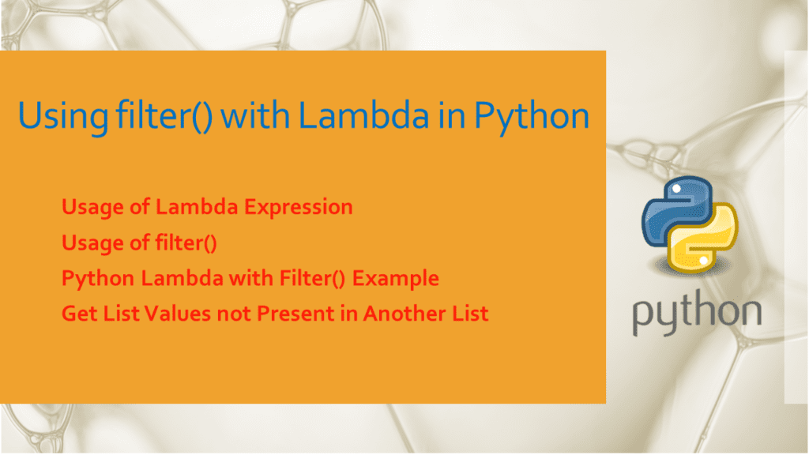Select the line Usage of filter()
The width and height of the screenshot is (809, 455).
tap(139, 243)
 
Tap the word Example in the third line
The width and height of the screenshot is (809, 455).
tap(399, 279)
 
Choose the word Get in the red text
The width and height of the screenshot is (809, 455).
tap(77, 314)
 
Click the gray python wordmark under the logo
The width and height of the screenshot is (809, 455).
tap(695, 314)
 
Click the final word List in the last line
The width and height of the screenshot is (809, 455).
tap(468, 314)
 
